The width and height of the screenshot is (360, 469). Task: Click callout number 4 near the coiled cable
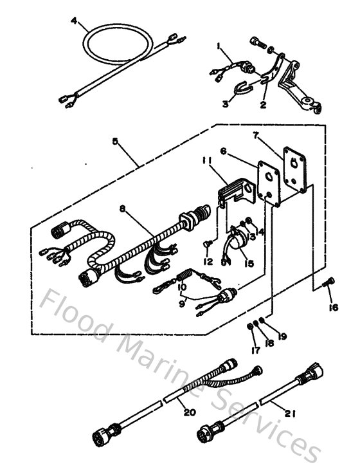75,21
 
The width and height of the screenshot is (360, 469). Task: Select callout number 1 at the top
219,46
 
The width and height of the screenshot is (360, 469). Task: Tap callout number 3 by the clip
226,103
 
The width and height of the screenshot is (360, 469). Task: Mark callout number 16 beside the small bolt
332,307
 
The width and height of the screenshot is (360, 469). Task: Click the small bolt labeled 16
328,281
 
